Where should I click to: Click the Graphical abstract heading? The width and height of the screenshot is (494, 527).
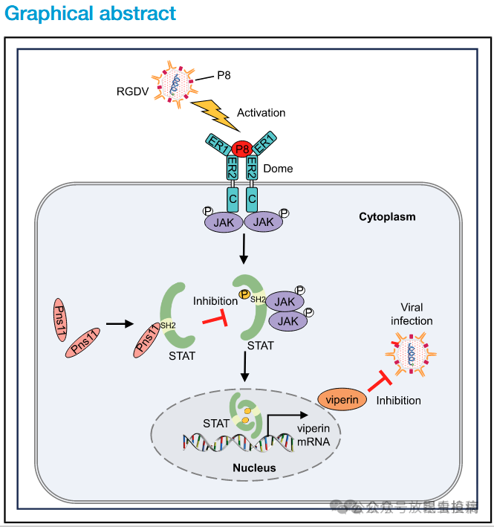click(x=91, y=14)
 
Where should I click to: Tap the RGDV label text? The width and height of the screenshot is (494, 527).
click(x=133, y=91)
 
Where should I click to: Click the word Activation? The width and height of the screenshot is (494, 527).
click(x=261, y=113)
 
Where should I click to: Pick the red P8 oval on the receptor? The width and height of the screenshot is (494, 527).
click(x=241, y=149)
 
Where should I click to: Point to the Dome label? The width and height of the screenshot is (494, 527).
click(x=278, y=169)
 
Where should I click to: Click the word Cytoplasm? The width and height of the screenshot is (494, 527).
click(x=387, y=217)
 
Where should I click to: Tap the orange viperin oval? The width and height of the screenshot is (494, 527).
click(x=342, y=399)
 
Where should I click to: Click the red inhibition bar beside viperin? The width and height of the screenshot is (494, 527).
click(x=379, y=384)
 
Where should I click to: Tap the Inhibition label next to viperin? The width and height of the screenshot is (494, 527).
click(x=398, y=401)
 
